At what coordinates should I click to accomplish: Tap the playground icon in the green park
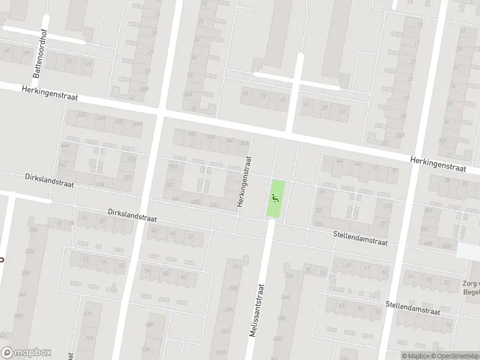[276, 197]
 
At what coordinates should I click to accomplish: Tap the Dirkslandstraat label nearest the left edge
[49, 181]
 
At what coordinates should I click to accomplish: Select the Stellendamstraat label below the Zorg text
[413, 309]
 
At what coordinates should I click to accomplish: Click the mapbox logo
[26, 352]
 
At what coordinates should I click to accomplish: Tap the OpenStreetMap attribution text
[455, 356]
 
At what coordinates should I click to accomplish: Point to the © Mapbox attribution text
[416, 356]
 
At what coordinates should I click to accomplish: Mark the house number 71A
[89, 338]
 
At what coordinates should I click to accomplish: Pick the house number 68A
[149, 325]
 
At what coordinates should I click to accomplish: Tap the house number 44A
[65, 145]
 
